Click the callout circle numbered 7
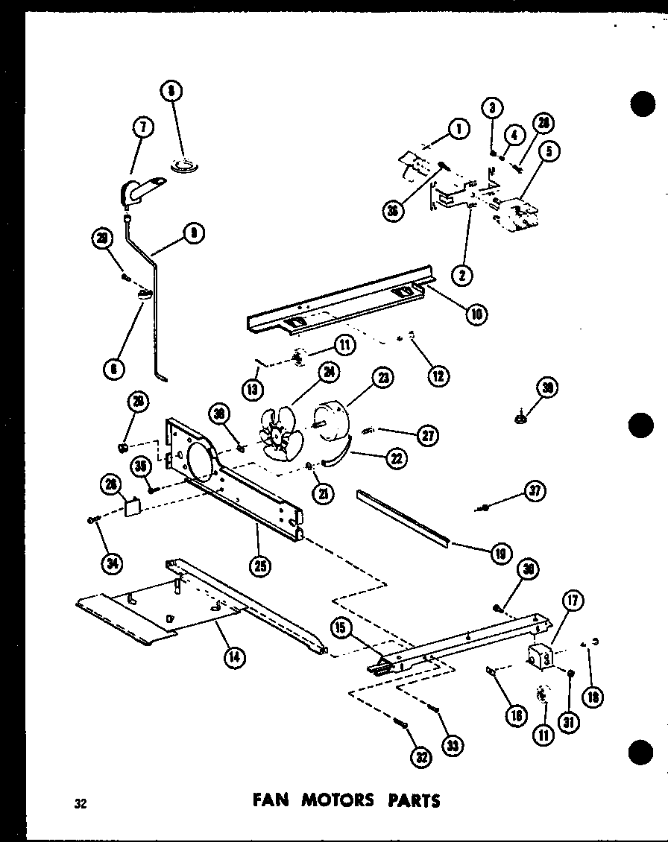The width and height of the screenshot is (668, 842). tap(142, 127)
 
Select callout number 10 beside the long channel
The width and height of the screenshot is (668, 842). tap(476, 314)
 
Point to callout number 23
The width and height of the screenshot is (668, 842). tap(383, 378)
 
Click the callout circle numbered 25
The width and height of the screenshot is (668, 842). tap(260, 566)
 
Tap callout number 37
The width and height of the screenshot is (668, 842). tap(535, 491)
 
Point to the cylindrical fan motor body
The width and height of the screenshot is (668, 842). tap(333, 421)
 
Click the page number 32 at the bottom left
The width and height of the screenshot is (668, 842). tap(81, 803)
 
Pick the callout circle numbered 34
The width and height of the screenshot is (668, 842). tap(112, 563)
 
